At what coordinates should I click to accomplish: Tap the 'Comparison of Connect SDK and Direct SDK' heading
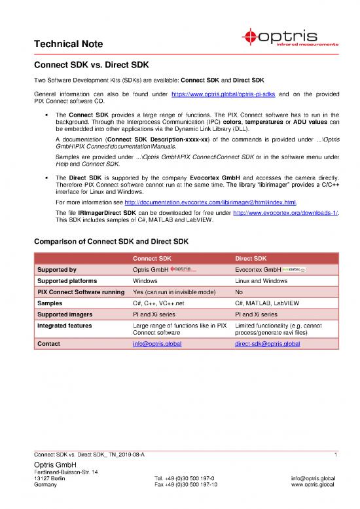(111, 224)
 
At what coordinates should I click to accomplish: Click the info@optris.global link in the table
(158, 343)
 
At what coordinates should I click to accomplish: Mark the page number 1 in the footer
(334, 455)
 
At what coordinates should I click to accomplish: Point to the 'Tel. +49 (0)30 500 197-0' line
(181, 478)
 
